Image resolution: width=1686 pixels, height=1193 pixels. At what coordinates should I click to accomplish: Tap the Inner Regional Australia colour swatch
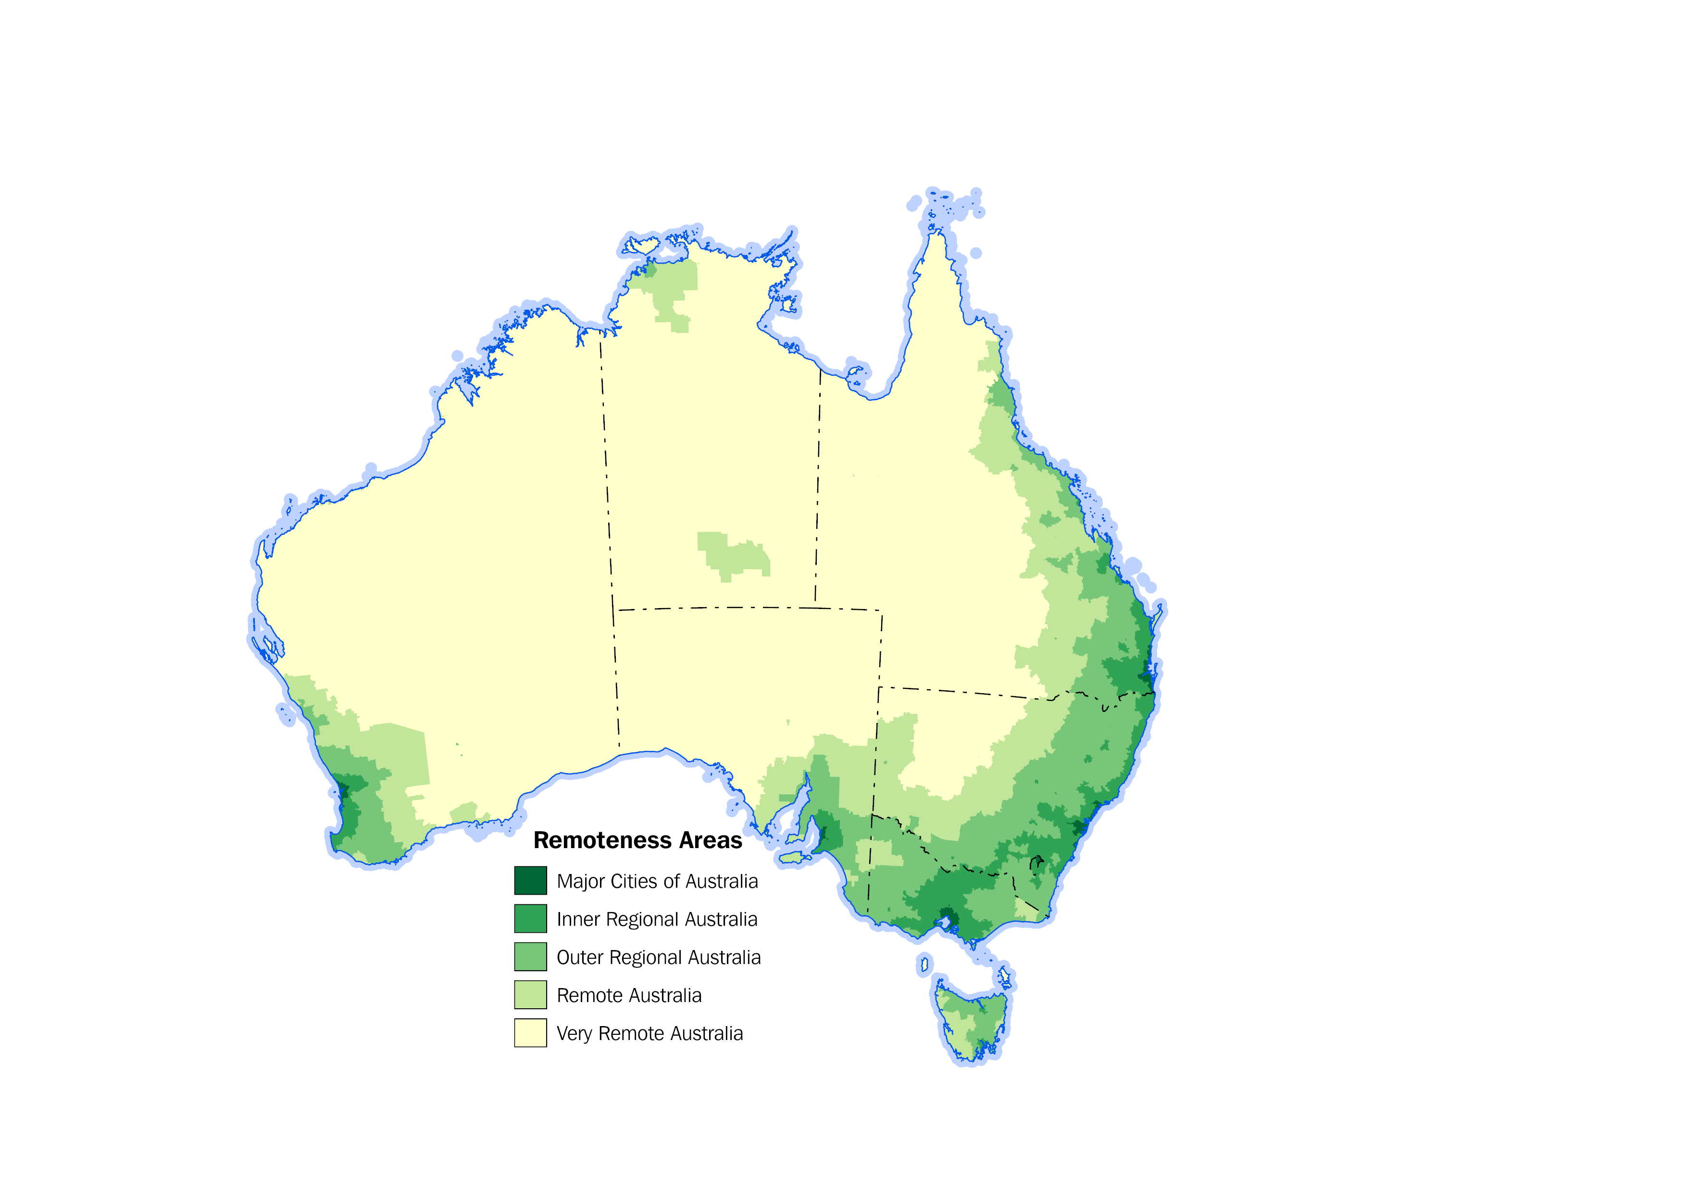(x=530, y=919)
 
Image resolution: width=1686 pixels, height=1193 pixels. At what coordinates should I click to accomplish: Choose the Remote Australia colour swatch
(x=530, y=995)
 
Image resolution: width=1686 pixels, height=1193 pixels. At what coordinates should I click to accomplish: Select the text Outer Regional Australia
(x=659, y=958)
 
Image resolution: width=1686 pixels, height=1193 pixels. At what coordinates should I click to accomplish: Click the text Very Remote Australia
(x=650, y=1034)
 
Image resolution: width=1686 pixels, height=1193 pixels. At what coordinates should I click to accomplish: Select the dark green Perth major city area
(x=342, y=793)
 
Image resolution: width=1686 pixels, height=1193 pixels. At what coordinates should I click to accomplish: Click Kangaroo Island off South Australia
(x=793, y=857)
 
